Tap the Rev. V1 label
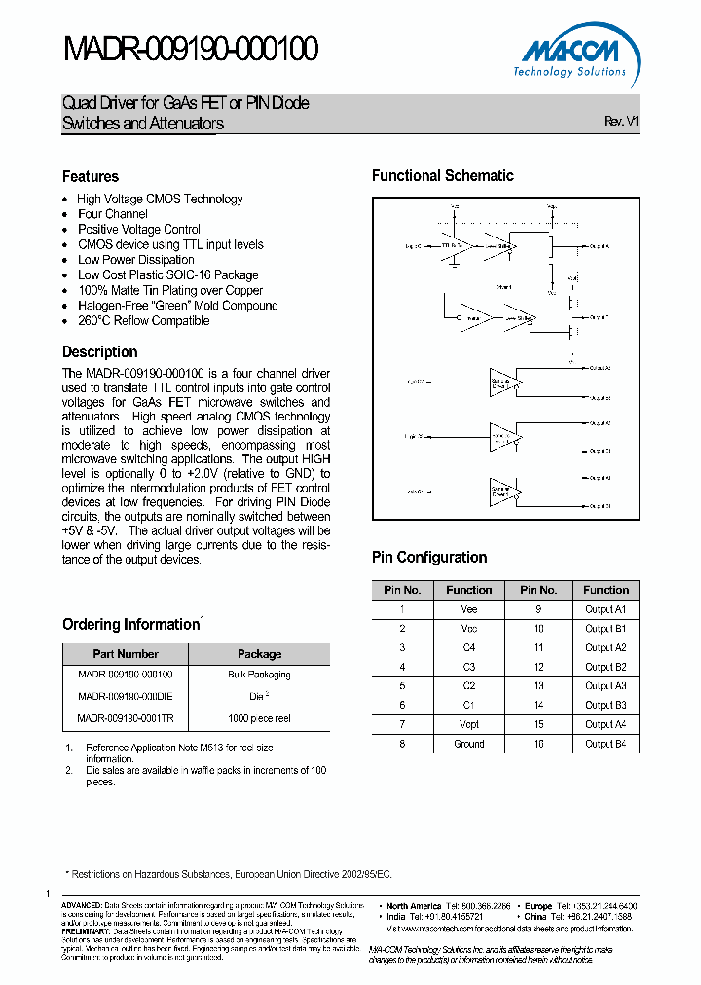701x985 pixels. [620, 121]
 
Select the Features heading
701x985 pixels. [91, 176]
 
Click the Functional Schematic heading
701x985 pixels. [443, 176]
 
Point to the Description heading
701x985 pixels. [100, 352]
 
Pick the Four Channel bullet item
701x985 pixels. [113, 214]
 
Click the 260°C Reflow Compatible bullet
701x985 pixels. [143, 320]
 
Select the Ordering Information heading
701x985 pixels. [130, 624]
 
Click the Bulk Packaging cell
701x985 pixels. [259, 675]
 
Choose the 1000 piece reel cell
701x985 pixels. [259, 718]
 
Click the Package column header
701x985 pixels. [259, 654]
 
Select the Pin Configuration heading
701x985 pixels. [429, 558]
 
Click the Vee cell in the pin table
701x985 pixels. [468, 609]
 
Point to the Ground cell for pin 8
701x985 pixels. [468, 744]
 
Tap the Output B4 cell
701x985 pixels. [606, 744]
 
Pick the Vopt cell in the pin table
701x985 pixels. [468, 724]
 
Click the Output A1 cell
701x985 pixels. [606, 609]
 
